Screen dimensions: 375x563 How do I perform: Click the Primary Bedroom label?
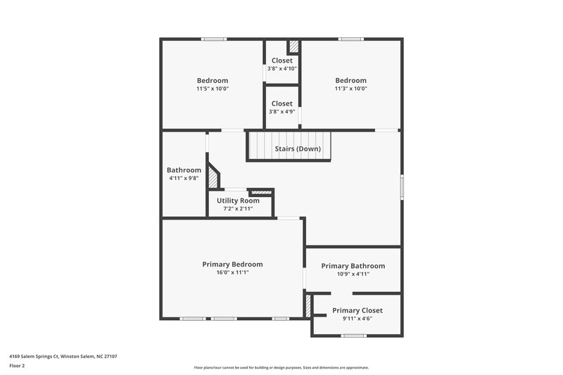(x=232, y=265)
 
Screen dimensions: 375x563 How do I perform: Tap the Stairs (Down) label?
(x=298, y=149)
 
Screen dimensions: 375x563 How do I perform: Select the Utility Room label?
(x=238, y=201)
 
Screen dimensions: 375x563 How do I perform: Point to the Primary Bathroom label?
(x=353, y=266)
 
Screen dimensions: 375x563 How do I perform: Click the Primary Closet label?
(x=358, y=310)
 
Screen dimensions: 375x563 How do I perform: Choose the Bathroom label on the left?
(x=184, y=170)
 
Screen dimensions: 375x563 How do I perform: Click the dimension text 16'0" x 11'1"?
(x=232, y=272)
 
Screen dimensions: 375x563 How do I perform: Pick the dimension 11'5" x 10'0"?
(x=213, y=89)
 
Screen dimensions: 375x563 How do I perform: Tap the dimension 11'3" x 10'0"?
(x=350, y=89)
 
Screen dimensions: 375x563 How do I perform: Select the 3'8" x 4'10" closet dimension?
(x=281, y=68)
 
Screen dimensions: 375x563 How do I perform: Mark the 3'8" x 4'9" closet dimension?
(x=281, y=111)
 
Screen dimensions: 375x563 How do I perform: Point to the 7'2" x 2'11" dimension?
(x=238, y=209)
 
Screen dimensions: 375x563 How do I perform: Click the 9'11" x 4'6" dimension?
(x=358, y=318)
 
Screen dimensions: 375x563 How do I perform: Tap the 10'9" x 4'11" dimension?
(x=353, y=274)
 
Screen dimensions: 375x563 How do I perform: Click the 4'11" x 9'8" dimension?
(x=184, y=178)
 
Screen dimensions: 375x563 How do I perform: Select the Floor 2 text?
(x=17, y=366)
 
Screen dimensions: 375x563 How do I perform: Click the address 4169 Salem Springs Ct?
(x=63, y=357)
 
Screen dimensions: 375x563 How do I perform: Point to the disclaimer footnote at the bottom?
(x=281, y=367)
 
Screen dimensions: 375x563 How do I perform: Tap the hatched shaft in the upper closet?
(x=293, y=47)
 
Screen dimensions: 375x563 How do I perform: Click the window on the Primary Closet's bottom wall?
(x=353, y=336)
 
